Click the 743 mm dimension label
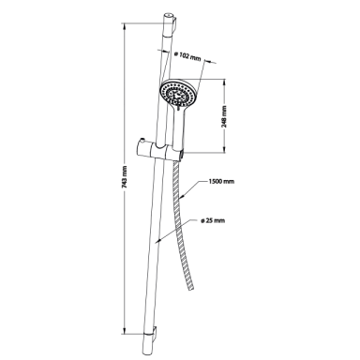125,176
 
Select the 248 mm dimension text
224,116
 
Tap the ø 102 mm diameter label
187,57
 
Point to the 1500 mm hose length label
221,181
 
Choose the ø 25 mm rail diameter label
213,220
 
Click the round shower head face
177,93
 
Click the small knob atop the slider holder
142,140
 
